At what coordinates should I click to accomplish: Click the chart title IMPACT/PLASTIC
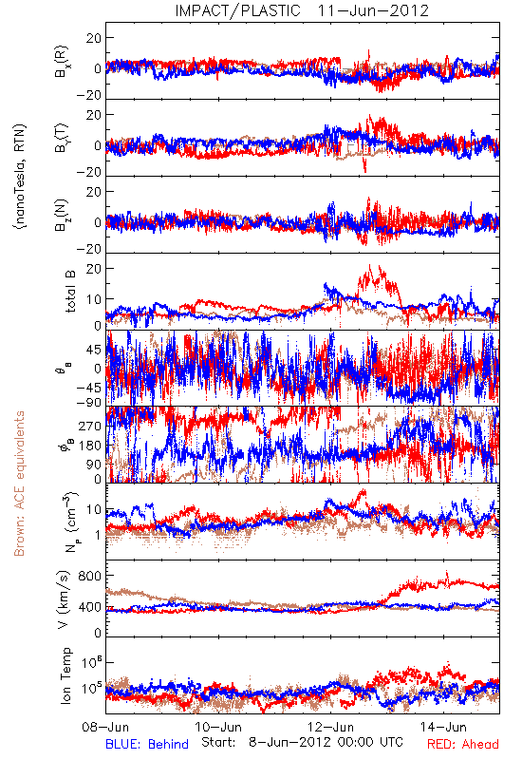pos(237,10)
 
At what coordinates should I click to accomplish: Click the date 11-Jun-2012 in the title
pos(373,10)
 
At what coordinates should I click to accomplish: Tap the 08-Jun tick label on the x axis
pos(105,727)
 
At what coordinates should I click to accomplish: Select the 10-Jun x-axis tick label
pos(218,727)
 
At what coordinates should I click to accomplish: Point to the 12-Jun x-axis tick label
pos(331,727)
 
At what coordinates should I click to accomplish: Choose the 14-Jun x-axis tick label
pos(443,727)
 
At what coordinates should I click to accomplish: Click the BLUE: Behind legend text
pos(147,744)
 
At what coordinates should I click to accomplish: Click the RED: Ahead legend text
pos(462,744)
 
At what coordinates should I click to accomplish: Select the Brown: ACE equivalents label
pos(19,484)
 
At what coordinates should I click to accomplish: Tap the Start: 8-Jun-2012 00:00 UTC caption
pos(302,742)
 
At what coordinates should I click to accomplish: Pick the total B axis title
pos(69,292)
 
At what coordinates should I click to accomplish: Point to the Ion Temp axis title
pos(65,675)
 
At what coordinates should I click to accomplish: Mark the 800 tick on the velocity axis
pos(90,576)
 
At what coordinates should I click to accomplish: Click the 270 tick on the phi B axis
pos(90,426)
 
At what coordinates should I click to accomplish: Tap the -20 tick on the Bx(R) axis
pos(89,95)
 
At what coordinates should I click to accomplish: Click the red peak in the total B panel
pos(370,266)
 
